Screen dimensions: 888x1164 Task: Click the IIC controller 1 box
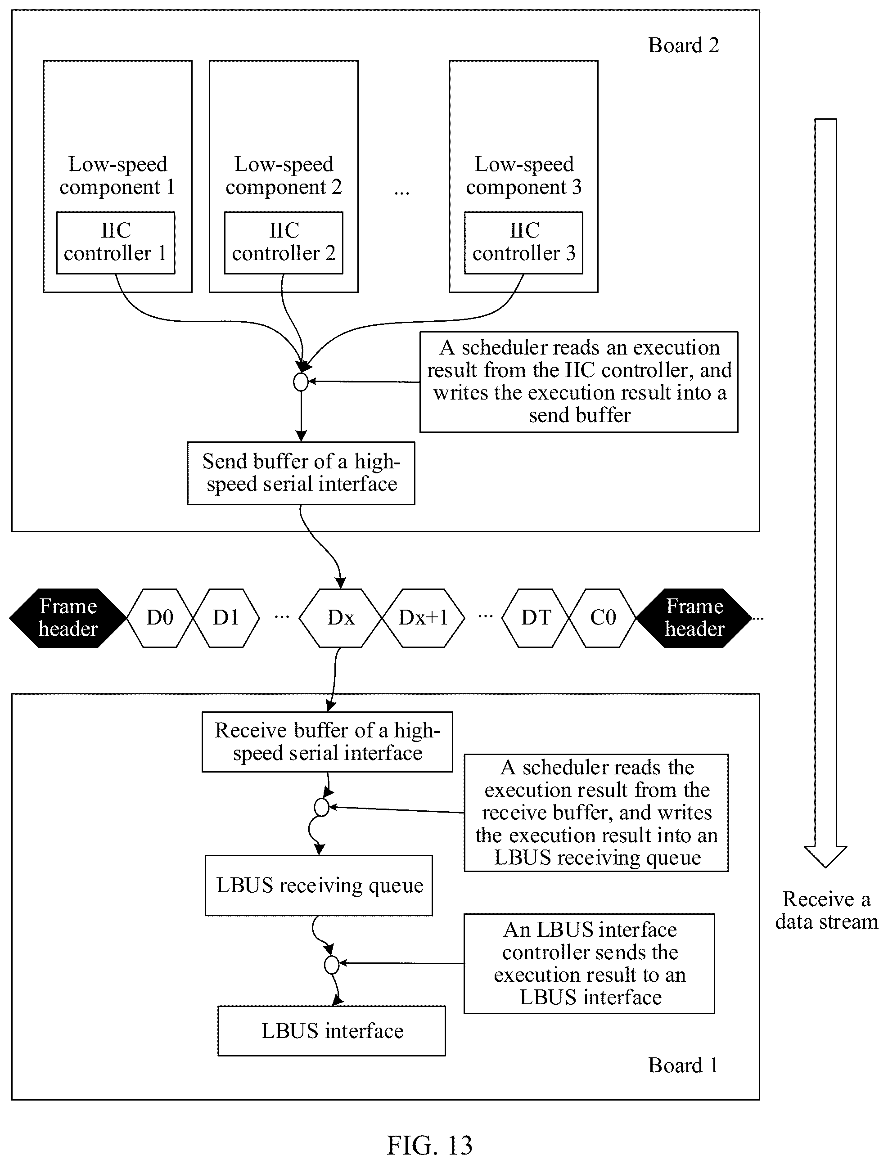(x=115, y=243)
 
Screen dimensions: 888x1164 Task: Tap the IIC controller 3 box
(x=523, y=243)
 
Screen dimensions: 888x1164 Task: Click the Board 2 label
(x=684, y=45)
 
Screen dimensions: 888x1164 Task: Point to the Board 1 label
(x=684, y=1065)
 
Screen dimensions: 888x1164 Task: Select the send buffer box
(x=301, y=473)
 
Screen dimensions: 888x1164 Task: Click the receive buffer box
(x=327, y=742)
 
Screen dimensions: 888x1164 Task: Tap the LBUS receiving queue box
(x=319, y=885)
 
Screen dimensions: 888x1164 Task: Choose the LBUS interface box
(x=331, y=1030)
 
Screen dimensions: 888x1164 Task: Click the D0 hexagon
(x=160, y=618)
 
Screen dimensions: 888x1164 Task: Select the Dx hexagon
(x=340, y=618)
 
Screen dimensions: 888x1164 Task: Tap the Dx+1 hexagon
(x=423, y=618)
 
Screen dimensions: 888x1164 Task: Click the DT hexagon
(x=536, y=618)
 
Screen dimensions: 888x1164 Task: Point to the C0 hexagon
(x=603, y=618)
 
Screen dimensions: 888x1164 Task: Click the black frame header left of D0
(x=68, y=618)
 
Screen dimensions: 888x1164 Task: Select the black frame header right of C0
(x=694, y=618)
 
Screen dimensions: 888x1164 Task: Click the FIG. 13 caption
(x=429, y=1146)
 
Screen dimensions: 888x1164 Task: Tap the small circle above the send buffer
(x=301, y=382)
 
